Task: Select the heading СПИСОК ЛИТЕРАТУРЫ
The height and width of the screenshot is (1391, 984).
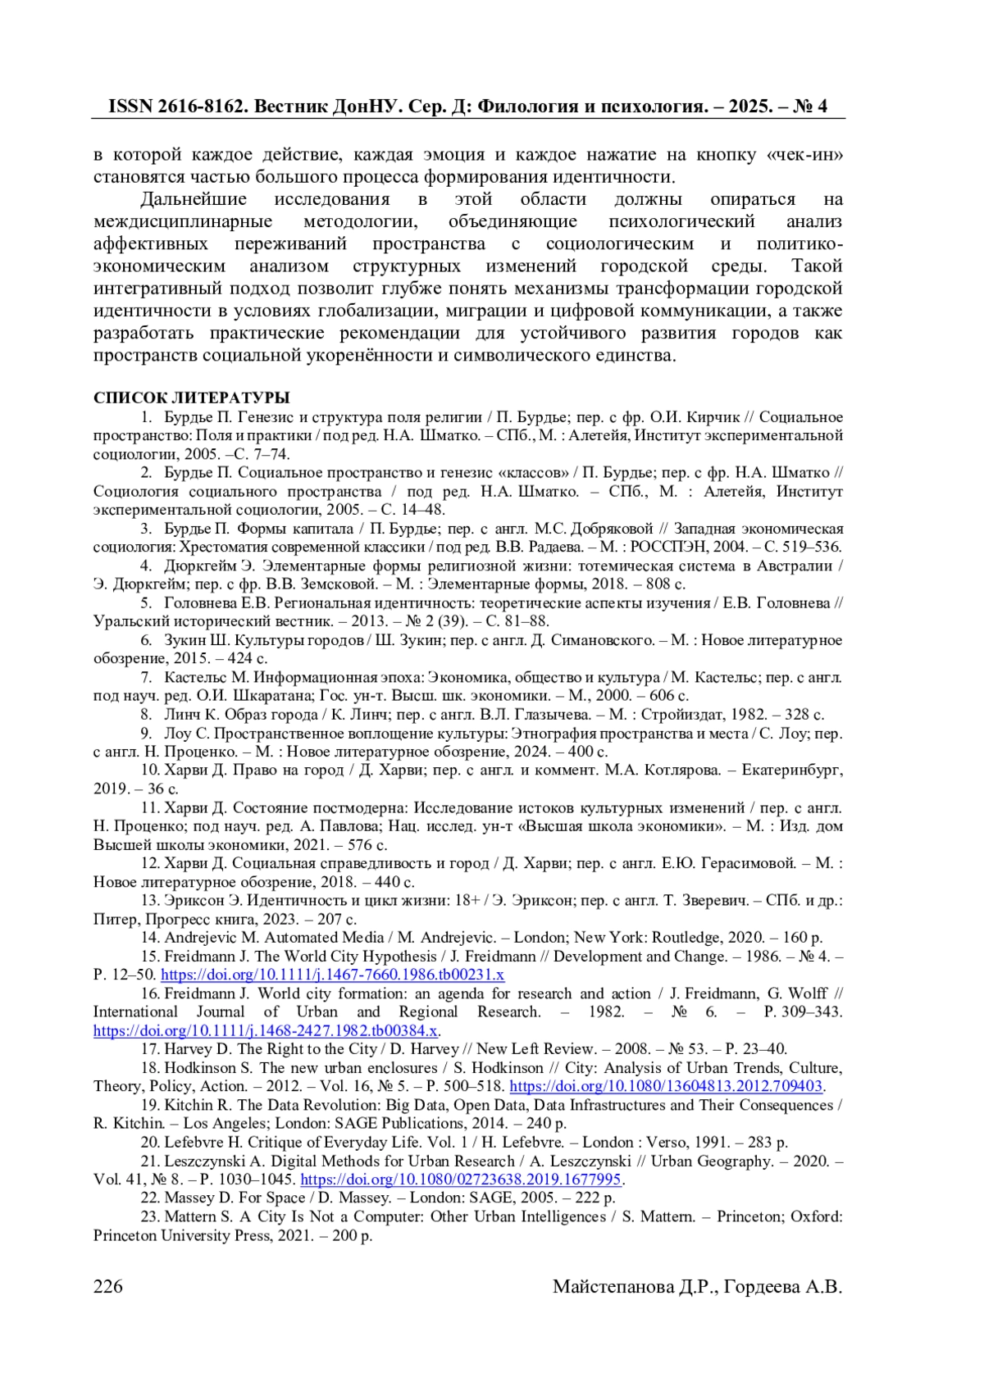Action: pyautogui.click(x=191, y=398)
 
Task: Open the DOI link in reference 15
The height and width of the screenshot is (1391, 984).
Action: pyautogui.click(x=332, y=975)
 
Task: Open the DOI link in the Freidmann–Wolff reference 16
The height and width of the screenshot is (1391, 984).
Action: pyautogui.click(x=266, y=1030)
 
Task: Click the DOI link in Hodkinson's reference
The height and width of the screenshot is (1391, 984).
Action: pyautogui.click(x=666, y=1086)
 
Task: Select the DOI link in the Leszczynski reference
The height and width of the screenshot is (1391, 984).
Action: pyautogui.click(x=461, y=1180)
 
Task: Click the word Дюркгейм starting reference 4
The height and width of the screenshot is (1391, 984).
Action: pyautogui.click(x=201, y=566)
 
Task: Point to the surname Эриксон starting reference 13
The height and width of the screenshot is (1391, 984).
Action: pyautogui.click(x=194, y=900)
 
